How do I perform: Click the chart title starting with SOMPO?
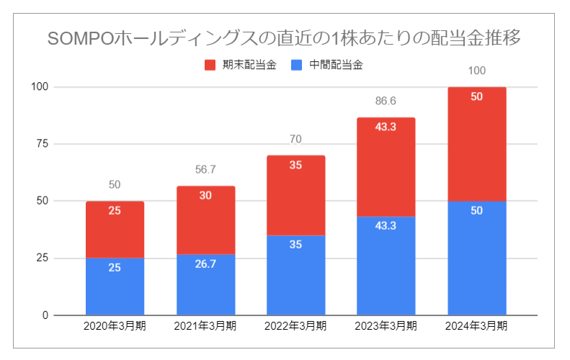285,37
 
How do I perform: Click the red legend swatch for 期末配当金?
210,66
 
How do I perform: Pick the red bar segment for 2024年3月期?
476,144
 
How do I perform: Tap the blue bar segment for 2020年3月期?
115,287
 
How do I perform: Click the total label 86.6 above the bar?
386,101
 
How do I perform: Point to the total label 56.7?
205,169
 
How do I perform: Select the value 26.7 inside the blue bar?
205,264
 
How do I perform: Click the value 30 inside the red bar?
205,195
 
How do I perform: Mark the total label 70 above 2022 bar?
295,139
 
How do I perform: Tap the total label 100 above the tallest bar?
476,71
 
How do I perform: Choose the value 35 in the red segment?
295,165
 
